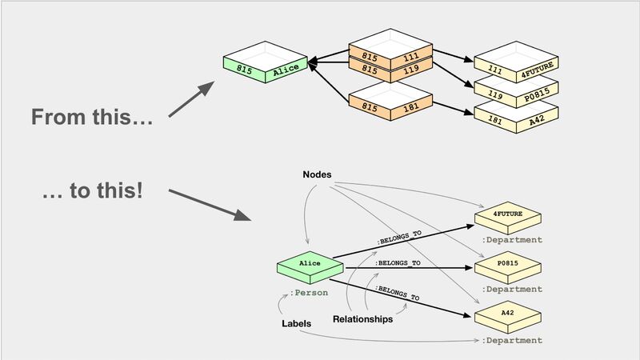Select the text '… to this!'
click(91, 194)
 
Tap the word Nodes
click(317, 174)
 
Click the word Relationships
click(362, 319)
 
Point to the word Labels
click(296, 324)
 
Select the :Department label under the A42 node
click(512, 341)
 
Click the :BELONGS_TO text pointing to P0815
click(398, 262)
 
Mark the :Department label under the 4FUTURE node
click(512, 240)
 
